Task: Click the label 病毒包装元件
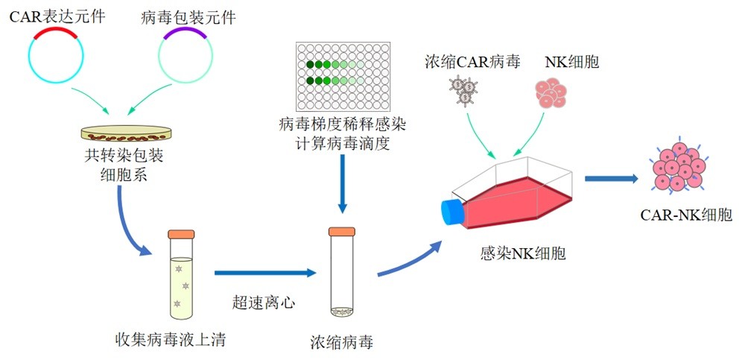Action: point(187,16)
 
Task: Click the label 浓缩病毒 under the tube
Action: point(342,342)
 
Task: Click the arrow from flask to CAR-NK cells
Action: point(612,178)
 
